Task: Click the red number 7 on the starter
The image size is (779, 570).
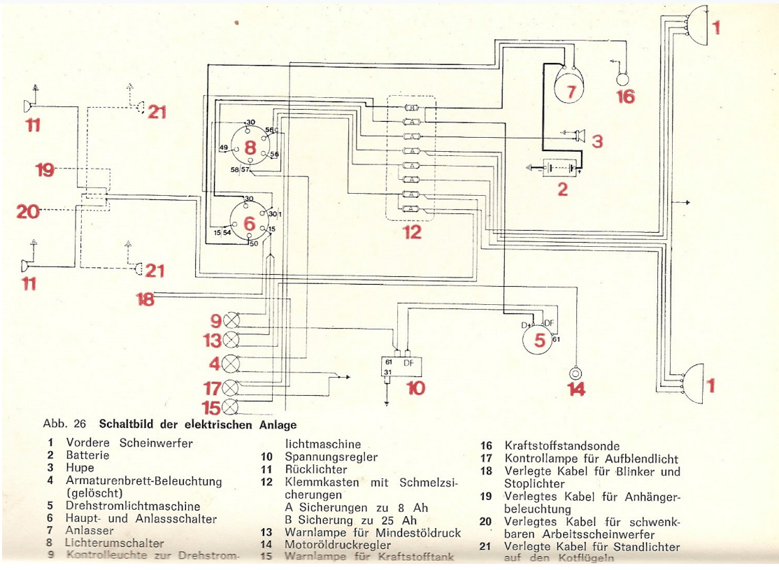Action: click(x=570, y=91)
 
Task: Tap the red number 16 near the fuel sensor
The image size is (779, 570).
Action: click(x=625, y=96)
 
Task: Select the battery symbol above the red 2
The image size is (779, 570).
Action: click(x=555, y=168)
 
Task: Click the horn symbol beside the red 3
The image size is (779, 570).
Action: click(x=578, y=136)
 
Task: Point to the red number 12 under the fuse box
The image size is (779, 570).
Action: click(x=412, y=231)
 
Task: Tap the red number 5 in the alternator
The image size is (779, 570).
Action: click(x=539, y=341)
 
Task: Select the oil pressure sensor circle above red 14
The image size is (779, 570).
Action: click(x=576, y=372)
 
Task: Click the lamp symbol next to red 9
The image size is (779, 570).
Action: click(x=231, y=321)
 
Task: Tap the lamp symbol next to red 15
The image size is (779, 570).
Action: click(x=231, y=407)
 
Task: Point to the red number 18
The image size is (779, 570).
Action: click(x=145, y=299)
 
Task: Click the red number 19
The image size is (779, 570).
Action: click(x=45, y=170)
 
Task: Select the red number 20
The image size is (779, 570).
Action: click(x=28, y=210)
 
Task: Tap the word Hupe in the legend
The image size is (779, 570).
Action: click(x=80, y=467)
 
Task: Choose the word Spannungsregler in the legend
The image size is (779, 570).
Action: click(x=331, y=457)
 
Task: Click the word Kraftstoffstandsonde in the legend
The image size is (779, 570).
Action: click(x=562, y=446)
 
